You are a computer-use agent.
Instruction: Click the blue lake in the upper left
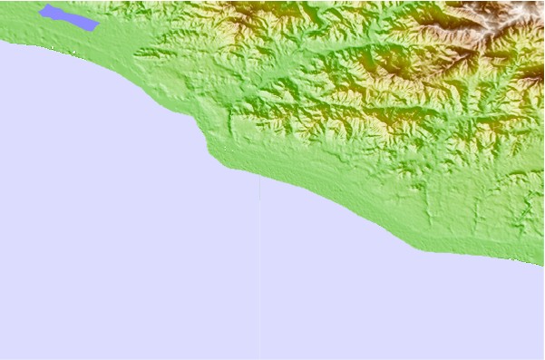click(68, 17)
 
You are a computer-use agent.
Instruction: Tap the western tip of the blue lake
click(41, 9)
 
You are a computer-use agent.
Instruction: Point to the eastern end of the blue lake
click(95, 26)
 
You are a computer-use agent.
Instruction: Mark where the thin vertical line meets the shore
click(260, 176)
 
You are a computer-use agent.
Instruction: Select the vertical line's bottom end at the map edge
click(260, 358)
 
